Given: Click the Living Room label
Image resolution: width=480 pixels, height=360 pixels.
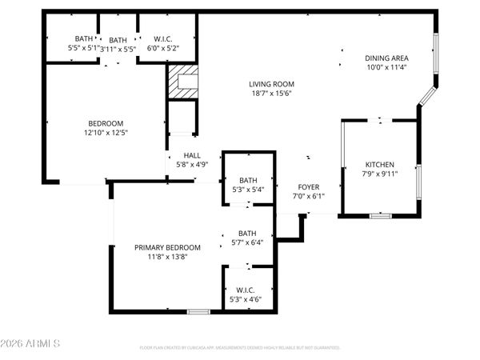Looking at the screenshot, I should pos(272,83).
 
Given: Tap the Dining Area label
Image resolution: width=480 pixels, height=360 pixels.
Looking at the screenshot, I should pos(387,58).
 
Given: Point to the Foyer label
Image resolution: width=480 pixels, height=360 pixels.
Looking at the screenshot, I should pos(308,186).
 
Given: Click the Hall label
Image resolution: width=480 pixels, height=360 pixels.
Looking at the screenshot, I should pos(192,156).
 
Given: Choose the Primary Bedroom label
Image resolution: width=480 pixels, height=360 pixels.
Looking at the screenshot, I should pos(167,247).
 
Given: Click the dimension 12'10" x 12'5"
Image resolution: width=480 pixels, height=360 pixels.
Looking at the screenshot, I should pos(106,133).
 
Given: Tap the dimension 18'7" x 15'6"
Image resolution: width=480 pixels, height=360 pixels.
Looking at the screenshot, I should pos(272,93).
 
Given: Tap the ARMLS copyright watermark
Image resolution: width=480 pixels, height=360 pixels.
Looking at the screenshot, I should pos(32,344).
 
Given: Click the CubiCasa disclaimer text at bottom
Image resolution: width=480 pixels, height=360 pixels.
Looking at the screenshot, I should pos(240,348).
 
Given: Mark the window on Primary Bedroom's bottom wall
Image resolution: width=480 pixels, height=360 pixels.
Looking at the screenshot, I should pos(198,310).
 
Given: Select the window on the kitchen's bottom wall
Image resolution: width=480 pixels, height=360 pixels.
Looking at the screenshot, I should pos(381,215).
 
